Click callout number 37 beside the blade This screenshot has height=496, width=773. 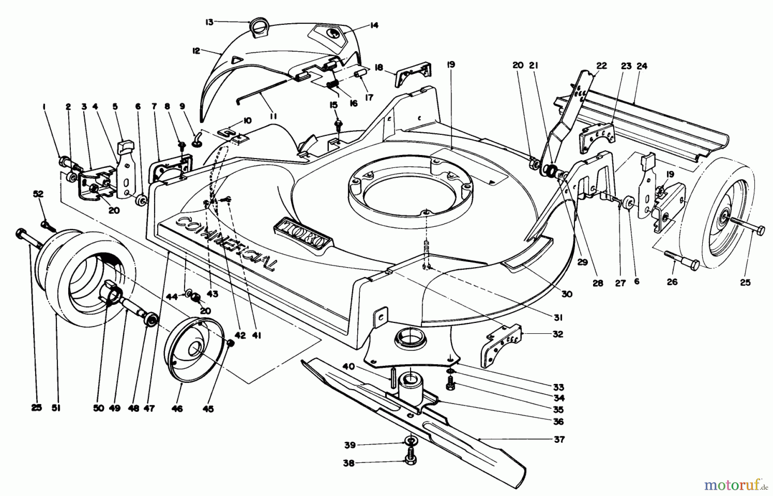coord(559,439)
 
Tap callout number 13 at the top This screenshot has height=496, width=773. coord(209,22)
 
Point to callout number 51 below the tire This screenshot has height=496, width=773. coord(56,408)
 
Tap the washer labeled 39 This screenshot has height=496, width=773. coord(411,441)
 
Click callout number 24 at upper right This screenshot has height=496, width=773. coord(642,66)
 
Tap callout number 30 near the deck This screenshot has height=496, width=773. coord(567,294)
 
